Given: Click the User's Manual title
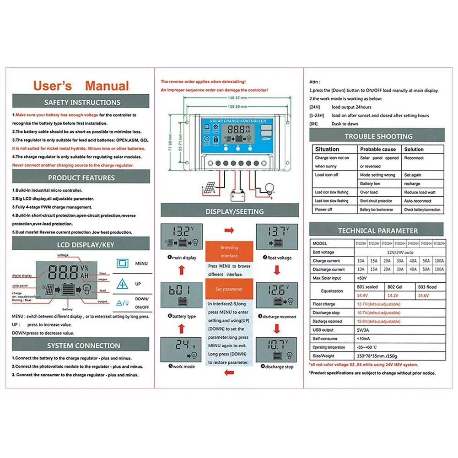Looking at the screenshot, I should pos(81,86).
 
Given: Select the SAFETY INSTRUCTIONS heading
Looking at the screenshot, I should pos(81,102).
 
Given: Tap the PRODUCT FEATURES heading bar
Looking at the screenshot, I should pos(81,178).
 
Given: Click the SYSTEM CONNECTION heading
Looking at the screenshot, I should pos(81,345).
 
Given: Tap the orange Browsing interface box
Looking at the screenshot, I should pos(229,251).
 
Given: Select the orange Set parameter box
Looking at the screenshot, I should pos(229,289).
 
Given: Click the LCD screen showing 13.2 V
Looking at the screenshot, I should pos(180,237).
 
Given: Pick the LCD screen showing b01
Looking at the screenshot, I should pos(180,295).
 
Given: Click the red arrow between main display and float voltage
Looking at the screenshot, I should pos(229,230).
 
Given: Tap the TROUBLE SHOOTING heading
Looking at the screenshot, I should pos(378,136).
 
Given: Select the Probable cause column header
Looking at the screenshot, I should pos(378,149).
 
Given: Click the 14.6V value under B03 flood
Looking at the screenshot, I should pos(423,296).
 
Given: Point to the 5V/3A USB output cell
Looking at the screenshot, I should pos(364,330).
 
